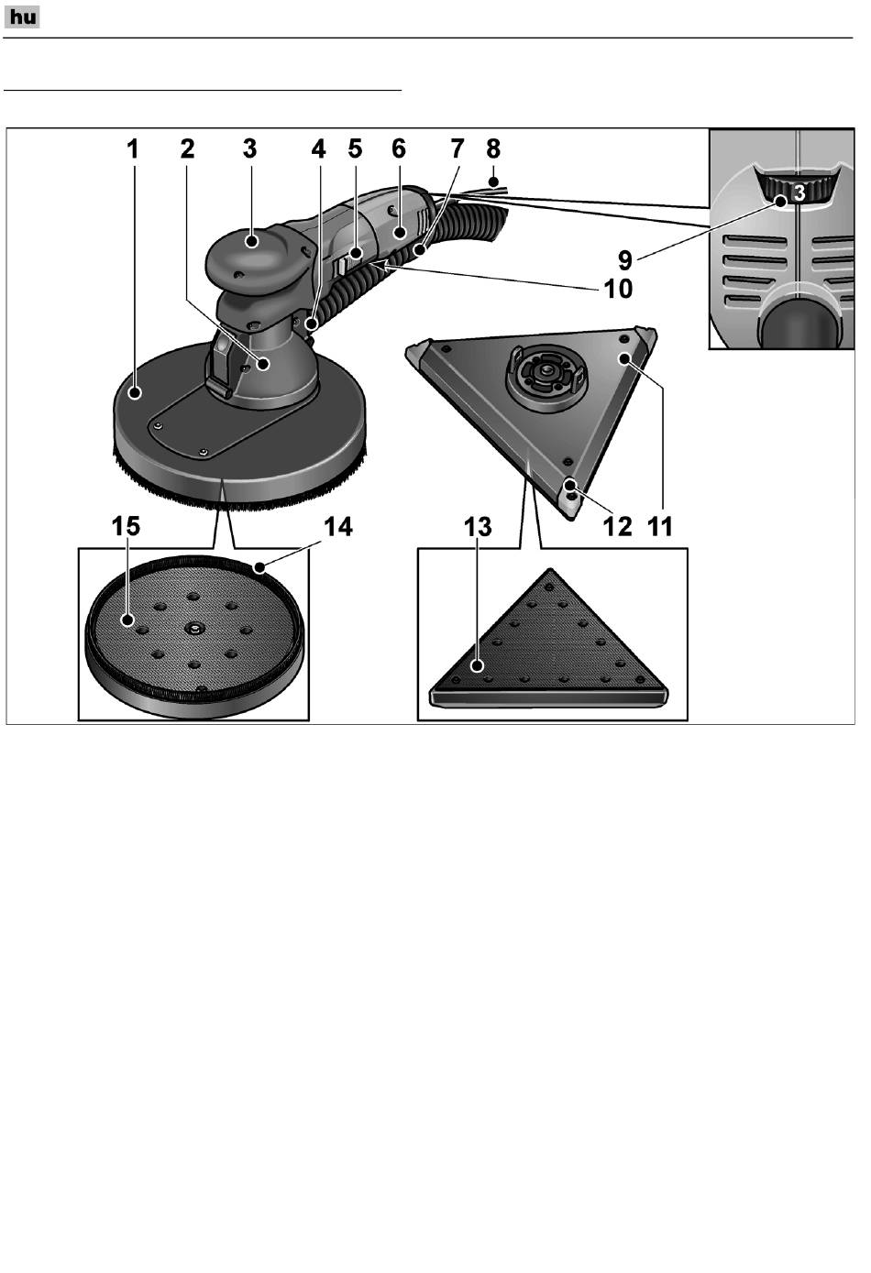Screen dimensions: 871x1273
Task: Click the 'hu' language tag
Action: pos(22,17)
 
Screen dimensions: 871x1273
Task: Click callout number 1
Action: pos(132,149)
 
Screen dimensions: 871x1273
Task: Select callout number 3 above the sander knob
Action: pos(249,148)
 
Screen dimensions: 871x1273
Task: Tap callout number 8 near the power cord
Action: pos(493,148)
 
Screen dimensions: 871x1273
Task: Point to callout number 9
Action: pos(624,260)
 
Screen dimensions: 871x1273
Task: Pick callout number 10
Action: pos(618,289)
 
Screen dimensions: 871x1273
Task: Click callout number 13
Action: pos(478,527)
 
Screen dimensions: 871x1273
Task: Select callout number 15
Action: pos(126,526)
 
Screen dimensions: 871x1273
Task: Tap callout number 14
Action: pos(338,526)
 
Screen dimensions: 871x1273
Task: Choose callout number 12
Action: pos(617,527)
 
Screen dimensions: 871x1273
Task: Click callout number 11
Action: pos(660,527)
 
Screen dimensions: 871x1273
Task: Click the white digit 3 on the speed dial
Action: pos(799,193)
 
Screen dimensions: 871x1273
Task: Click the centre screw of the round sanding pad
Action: pos(193,628)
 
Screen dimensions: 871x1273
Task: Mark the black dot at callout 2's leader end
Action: pos(263,364)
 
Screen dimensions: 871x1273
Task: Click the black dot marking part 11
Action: pos(624,358)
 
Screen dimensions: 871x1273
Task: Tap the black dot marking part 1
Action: pos(135,392)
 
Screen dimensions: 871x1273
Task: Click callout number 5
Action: pos(355,148)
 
